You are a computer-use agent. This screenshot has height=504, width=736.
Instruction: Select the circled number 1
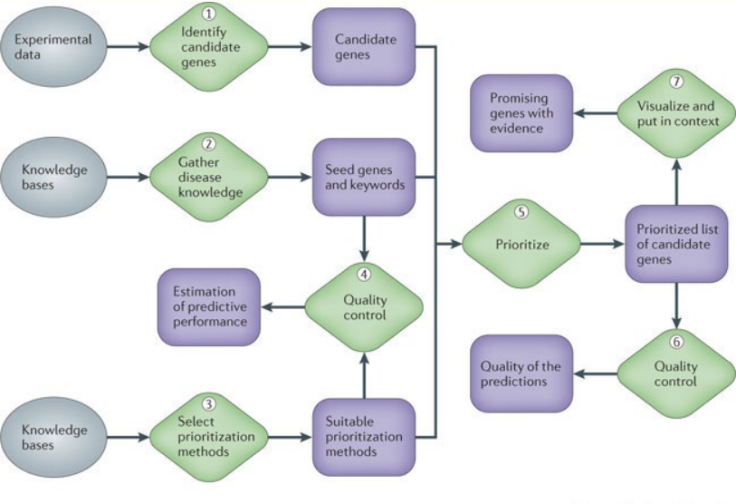pos(209,15)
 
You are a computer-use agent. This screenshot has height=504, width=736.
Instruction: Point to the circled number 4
pos(363,273)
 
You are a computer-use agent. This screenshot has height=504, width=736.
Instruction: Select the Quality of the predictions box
pos(522,373)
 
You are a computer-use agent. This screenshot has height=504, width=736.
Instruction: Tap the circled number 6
pos(675,343)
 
